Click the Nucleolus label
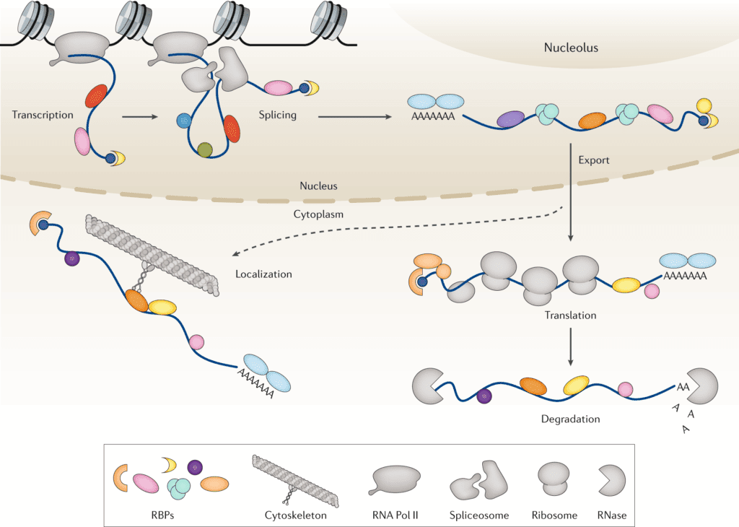(x=571, y=48)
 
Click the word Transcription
(x=43, y=115)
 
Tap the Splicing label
(x=277, y=115)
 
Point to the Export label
(x=593, y=160)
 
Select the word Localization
(x=263, y=274)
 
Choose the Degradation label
(x=571, y=419)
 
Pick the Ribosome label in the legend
(x=554, y=515)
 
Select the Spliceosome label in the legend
(x=480, y=515)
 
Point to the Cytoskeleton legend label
(x=292, y=515)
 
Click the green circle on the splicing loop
(x=205, y=149)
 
